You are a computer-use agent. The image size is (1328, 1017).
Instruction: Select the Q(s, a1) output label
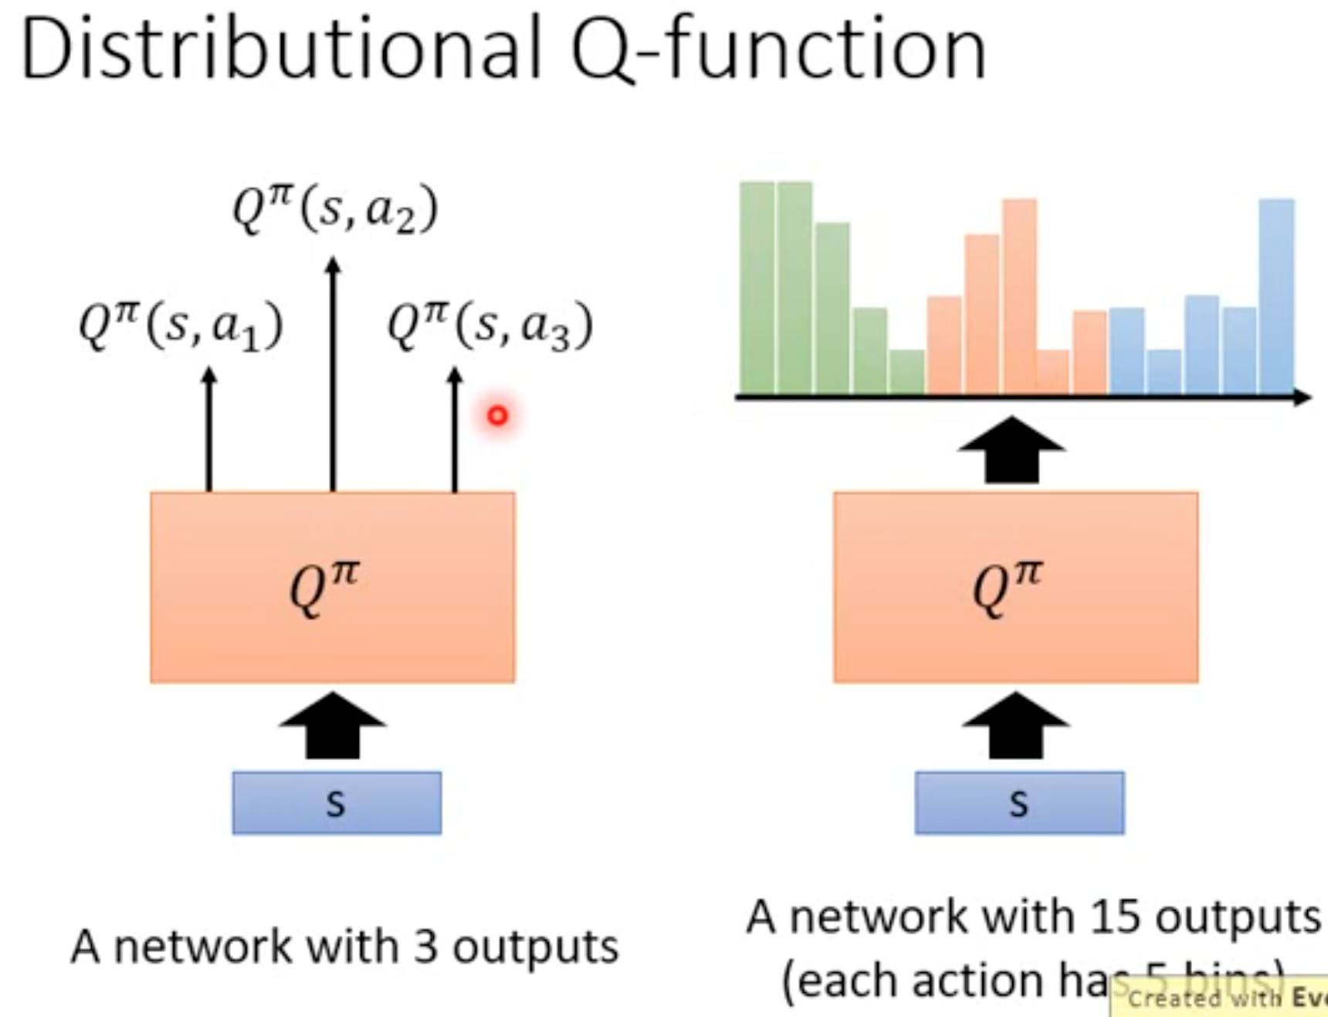[x=181, y=326]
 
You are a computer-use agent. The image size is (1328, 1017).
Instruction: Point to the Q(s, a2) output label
[x=335, y=209]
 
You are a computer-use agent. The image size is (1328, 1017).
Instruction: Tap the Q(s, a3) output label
[x=490, y=325]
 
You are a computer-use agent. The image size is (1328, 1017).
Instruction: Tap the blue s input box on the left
[x=337, y=803]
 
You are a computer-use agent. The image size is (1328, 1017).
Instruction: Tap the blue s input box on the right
[x=1019, y=803]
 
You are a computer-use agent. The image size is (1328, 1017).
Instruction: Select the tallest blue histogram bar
[x=1277, y=297]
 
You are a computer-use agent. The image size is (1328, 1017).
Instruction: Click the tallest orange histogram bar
[x=1020, y=297]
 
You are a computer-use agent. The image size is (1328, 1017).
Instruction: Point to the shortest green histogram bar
[x=906, y=372]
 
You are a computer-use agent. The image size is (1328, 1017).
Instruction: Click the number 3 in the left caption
[x=425, y=947]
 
